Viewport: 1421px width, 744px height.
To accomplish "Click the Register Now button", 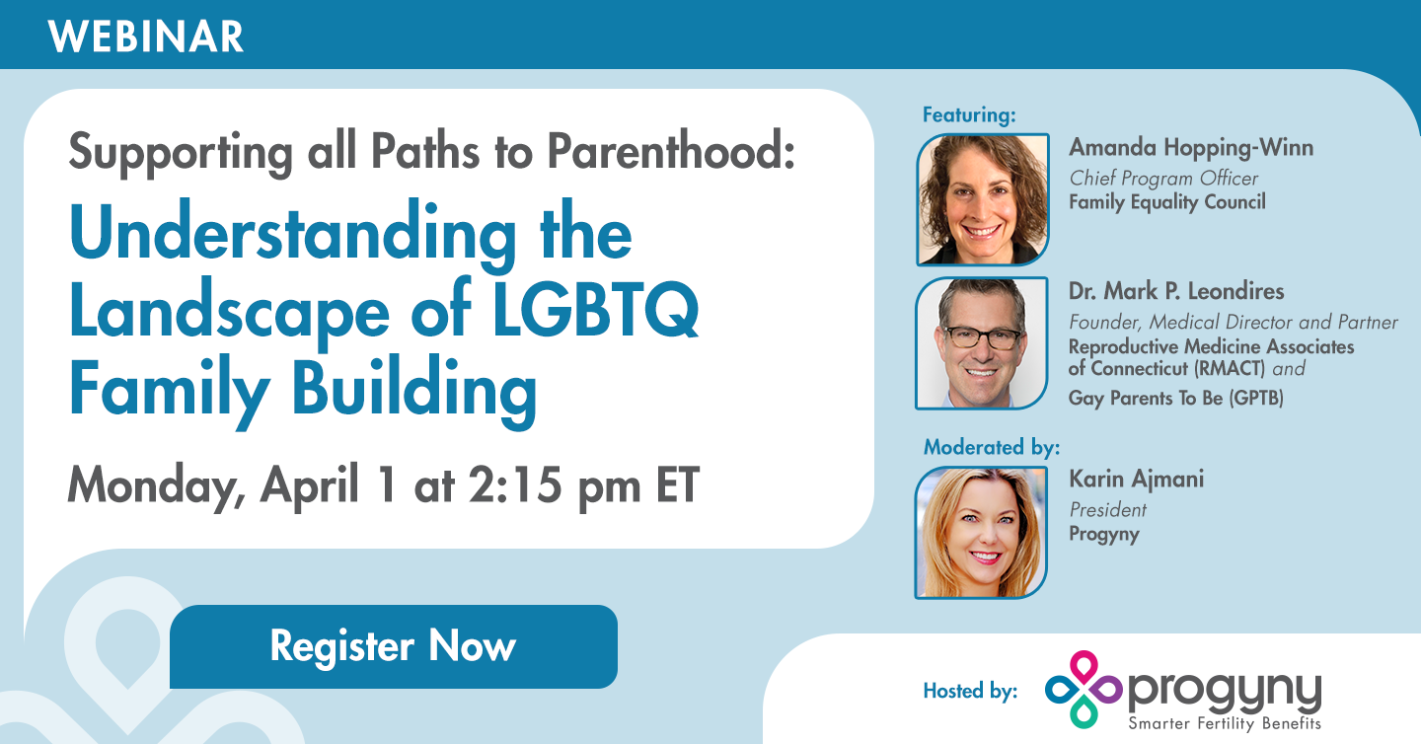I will click(x=393, y=647).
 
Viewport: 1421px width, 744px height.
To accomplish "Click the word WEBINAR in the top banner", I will click(x=145, y=37).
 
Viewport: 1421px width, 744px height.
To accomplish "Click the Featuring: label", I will click(x=969, y=114).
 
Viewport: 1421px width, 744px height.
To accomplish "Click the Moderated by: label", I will click(x=991, y=447).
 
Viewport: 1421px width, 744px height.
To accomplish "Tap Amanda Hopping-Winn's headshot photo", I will click(x=983, y=199).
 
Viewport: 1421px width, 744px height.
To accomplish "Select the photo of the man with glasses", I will click(x=983, y=343).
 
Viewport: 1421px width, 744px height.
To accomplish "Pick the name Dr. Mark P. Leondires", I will click(x=1174, y=292).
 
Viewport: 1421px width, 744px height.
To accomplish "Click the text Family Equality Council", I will click(x=1166, y=202).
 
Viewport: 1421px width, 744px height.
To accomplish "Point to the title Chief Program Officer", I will click(x=1163, y=179).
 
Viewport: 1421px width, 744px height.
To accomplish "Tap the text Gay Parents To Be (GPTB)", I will click(x=1175, y=399).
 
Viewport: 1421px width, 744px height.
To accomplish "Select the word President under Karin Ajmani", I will click(x=1107, y=510).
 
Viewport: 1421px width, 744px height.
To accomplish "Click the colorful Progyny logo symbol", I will click(x=1083, y=689).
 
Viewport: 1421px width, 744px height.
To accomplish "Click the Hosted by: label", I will click(x=969, y=691).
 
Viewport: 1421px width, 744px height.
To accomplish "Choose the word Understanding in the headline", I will click(x=292, y=235).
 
